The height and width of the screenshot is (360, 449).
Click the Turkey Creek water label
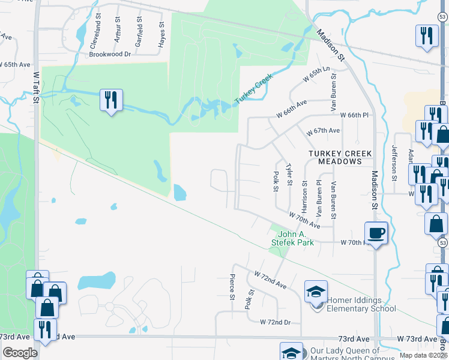click(x=254, y=88)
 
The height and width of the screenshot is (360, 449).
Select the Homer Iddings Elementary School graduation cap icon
click(x=316, y=292)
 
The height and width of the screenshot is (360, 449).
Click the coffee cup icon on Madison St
click(x=376, y=232)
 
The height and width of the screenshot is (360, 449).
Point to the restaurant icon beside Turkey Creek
click(x=111, y=100)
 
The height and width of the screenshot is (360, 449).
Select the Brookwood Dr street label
click(x=110, y=54)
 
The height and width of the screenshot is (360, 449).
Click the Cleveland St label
click(x=94, y=36)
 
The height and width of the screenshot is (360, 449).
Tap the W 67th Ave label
click(x=323, y=131)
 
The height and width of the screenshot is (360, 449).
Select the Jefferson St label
click(x=394, y=163)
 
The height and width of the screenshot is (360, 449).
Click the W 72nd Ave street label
click(x=271, y=278)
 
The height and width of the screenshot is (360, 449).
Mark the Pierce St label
click(x=232, y=287)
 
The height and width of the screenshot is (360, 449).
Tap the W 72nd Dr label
click(x=276, y=322)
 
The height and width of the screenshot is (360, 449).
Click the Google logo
click(x=20, y=352)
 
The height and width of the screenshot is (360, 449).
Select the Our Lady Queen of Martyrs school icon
click(x=292, y=352)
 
